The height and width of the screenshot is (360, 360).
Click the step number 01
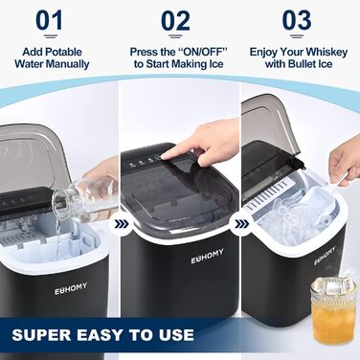click(49, 20)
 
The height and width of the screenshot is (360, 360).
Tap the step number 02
click(175, 21)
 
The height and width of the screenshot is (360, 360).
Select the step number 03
click(297, 20)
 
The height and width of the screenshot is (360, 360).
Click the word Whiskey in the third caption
click(326, 52)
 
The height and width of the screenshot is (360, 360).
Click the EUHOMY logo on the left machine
click(71, 288)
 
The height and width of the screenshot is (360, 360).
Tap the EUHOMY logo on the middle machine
click(207, 257)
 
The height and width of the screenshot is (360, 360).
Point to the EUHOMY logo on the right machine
click(325, 256)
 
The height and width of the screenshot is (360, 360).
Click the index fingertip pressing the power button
click(163, 156)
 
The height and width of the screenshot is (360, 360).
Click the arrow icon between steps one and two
click(121, 224)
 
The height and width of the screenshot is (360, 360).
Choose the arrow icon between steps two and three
click(241, 224)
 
